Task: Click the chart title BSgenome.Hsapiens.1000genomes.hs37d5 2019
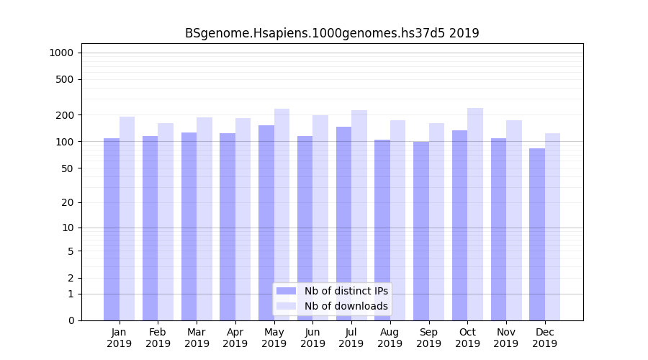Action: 332,33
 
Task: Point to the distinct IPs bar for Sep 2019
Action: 421,230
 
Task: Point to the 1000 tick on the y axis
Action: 60,53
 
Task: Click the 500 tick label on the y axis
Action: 65,79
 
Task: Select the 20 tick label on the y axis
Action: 67,202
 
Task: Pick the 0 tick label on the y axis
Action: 71,320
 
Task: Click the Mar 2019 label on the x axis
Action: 197,338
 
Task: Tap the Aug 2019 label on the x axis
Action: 390,338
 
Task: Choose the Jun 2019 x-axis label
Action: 312,338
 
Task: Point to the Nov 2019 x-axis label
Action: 506,338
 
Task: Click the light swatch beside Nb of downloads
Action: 286,306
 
